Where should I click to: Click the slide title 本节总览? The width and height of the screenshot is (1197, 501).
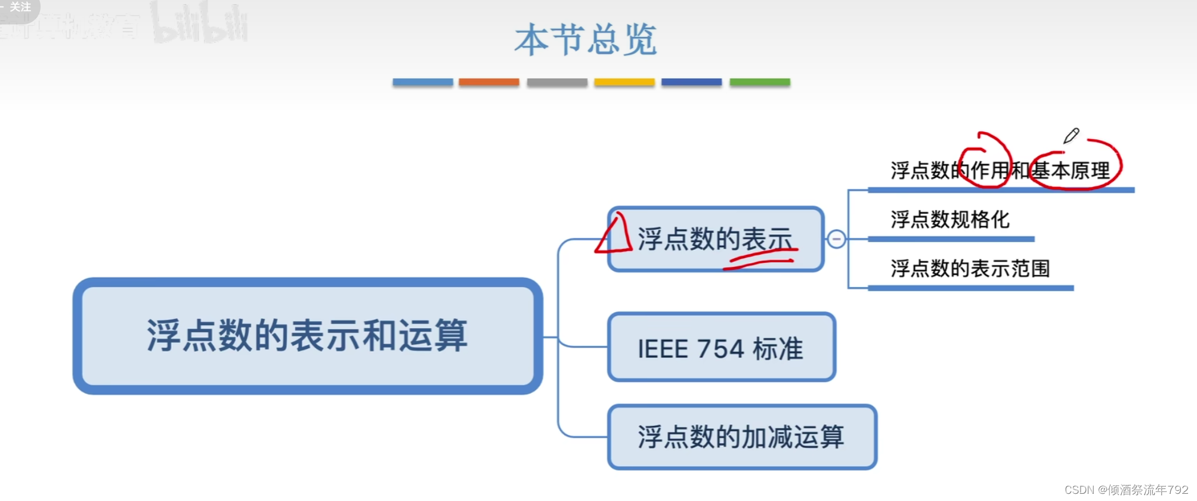coord(586,41)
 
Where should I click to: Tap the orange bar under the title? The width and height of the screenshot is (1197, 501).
coord(488,82)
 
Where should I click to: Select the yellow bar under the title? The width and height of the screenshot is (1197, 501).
coord(624,82)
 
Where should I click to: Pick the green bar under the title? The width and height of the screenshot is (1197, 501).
coord(759,82)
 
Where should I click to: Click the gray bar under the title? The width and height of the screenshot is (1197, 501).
coord(556,82)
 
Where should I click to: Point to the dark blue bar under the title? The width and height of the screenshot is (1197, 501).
coord(691,82)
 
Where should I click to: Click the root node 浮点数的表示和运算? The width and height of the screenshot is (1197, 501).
coord(307,335)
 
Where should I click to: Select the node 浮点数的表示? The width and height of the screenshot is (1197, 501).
coord(715,239)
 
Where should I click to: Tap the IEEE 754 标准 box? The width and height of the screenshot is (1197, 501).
coord(721,348)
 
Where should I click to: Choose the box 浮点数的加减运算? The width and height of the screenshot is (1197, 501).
coord(741,437)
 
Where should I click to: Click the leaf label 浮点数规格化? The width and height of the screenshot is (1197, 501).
coord(949,219)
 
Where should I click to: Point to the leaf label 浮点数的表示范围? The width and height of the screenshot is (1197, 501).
coord(970,268)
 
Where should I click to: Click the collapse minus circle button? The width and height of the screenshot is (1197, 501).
coord(836,239)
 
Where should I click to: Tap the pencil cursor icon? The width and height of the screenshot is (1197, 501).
coord(1071,136)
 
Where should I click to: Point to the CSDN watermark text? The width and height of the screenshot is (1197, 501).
coord(1126,490)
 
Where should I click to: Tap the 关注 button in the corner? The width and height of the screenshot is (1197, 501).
coord(19,7)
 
